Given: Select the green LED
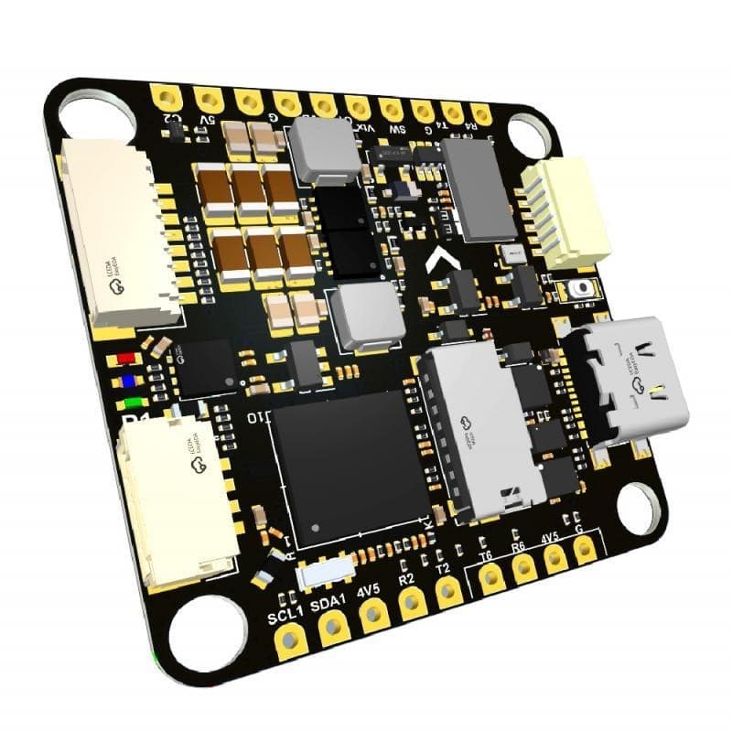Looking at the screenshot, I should coord(134,403).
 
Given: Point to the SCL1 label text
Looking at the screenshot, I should coord(286,614).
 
